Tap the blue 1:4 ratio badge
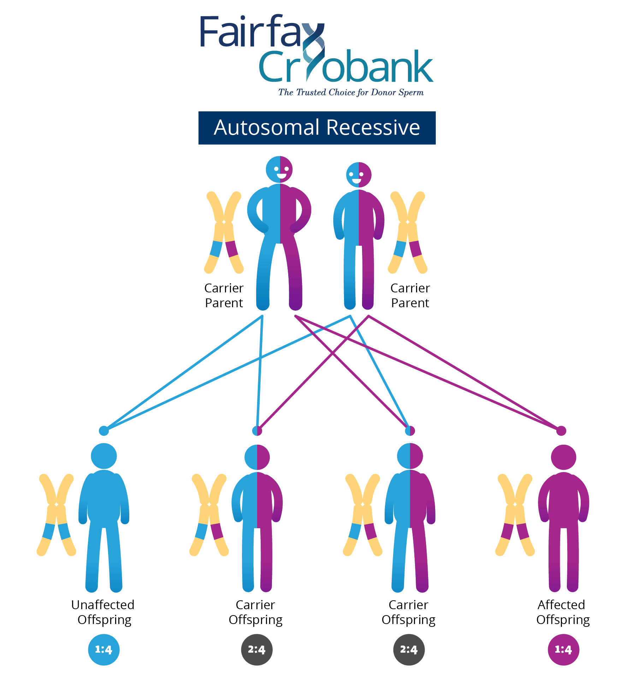[x=103, y=649]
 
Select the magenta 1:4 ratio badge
[x=563, y=649]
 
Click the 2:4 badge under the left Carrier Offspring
[x=256, y=649]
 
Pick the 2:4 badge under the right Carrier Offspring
[x=409, y=649]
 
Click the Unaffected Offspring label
[x=103, y=612]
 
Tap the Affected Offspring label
[x=562, y=612]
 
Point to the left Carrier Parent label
[x=224, y=296]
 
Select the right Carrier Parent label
[x=410, y=296]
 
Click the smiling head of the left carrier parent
[x=279, y=169]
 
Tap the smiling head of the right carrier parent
[x=359, y=175]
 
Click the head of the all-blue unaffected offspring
[x=104, y=456]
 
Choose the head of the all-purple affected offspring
[x=563, y=457]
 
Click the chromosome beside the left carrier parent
[x=224, y=232]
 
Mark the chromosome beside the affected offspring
[x=515, y=515]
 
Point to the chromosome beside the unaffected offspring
[x=56, y=515]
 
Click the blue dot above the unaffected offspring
[x=103, y=431]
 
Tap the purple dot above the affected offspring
[x=561, y=431]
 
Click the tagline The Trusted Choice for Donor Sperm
[x=351, y=93]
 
